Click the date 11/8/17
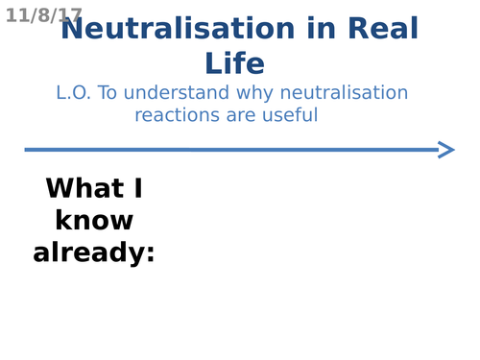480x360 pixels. (x=44, y=16)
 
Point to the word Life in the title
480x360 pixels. (x=234, y=63)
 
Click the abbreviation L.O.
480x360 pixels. (x=74, y=93)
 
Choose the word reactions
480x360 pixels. (x=176, y=115)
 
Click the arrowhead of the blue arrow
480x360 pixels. (x=446, y=149)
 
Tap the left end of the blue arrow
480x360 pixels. (x=27, y=150)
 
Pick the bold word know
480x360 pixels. (x=94, y=221)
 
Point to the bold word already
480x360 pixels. (x=88, y=253)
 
